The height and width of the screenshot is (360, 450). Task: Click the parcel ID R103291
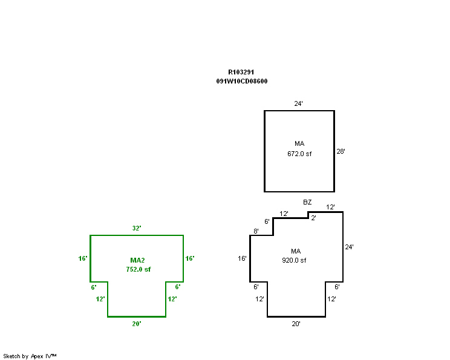coord(241,72)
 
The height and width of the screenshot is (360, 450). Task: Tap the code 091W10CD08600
coord(242,81)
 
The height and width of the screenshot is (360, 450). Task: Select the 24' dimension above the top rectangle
coord(298,103)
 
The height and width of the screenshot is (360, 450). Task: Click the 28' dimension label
coord(341,151)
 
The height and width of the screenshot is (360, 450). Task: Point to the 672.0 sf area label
coord(299,154)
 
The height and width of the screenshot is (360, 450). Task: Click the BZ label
coord(307,202)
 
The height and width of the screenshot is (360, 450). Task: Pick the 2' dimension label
coord(314,218)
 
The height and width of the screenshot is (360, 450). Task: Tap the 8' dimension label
coord(256,231)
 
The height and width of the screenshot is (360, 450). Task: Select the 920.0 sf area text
coord(294,260)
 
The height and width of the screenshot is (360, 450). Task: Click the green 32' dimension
coord(137,228)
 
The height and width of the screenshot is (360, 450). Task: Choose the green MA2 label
coord(137,260)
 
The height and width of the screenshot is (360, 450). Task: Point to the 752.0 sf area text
coord(139,269)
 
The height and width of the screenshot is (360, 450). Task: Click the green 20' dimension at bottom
coord(137,324)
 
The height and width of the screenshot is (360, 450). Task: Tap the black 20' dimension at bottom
coord(296,324)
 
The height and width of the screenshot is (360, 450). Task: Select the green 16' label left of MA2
coord(83,258)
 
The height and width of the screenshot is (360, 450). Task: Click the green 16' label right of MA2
coord(190,258)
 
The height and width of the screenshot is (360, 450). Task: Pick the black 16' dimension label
coord(242,258)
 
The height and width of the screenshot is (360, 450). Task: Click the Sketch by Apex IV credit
coord(30,356)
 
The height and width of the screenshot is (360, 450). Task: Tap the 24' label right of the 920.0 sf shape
coord(349,247)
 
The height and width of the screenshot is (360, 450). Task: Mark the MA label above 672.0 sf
coord(299,143)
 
